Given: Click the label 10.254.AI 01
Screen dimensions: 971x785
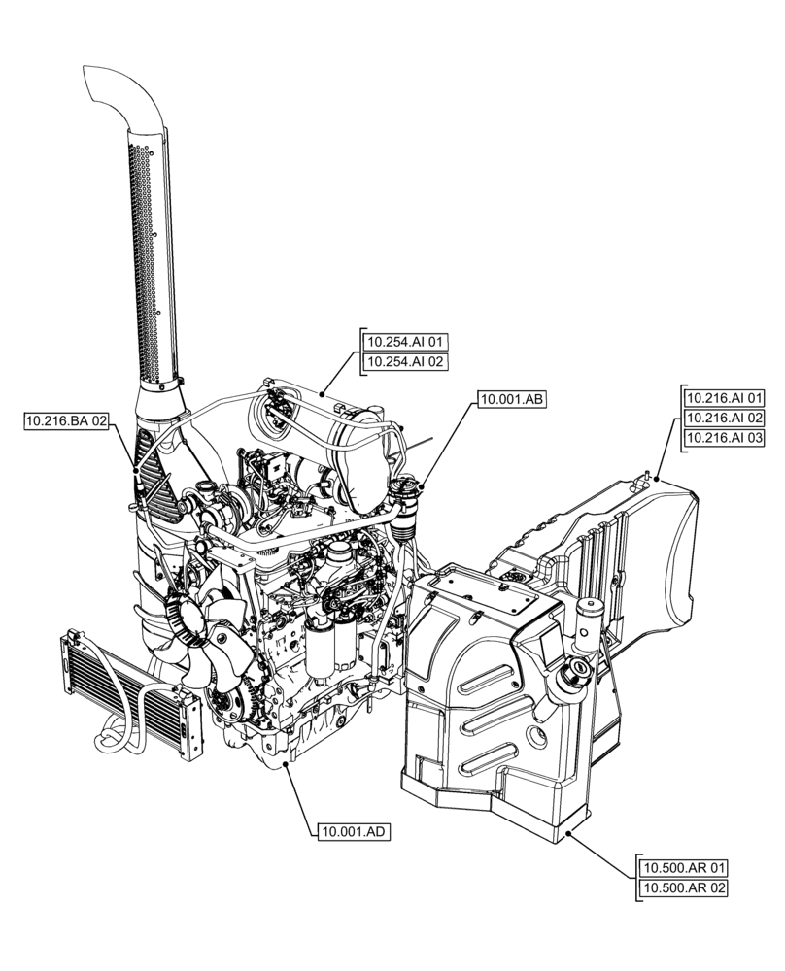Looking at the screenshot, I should coord(405,342).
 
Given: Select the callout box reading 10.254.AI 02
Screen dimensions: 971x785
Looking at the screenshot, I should coord(405,362).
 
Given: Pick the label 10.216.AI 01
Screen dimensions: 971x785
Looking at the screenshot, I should coord(725,398).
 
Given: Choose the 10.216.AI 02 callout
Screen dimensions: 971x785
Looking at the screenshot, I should coord(725,418).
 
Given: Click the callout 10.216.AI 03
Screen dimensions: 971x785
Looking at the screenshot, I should coord(725,438).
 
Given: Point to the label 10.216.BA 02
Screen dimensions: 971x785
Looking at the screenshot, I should coord(66,420).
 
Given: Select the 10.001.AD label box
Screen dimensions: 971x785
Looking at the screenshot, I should coord(353,832).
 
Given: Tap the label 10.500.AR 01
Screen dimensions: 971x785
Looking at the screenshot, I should coord(683,867).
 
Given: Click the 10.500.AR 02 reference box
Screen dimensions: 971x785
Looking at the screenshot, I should coord(683,887).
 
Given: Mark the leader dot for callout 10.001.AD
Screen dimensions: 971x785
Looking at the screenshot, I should coord(285,766).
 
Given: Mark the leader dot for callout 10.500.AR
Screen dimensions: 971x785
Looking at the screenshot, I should coord(570,832).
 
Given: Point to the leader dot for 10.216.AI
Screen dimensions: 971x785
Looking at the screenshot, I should coord(658,479).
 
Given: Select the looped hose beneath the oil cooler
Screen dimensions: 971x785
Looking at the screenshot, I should coord(117,738).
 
